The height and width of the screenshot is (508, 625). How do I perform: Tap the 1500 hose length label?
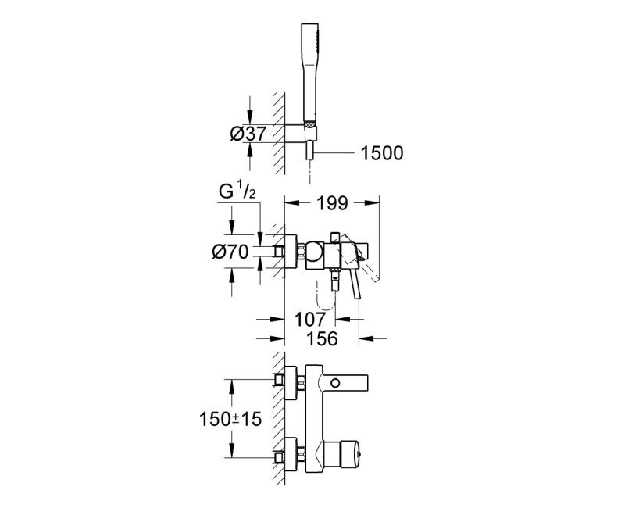pyautogui.click(x=381, y=153)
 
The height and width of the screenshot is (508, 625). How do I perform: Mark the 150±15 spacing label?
pyautogui.click(x=228, y=419)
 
